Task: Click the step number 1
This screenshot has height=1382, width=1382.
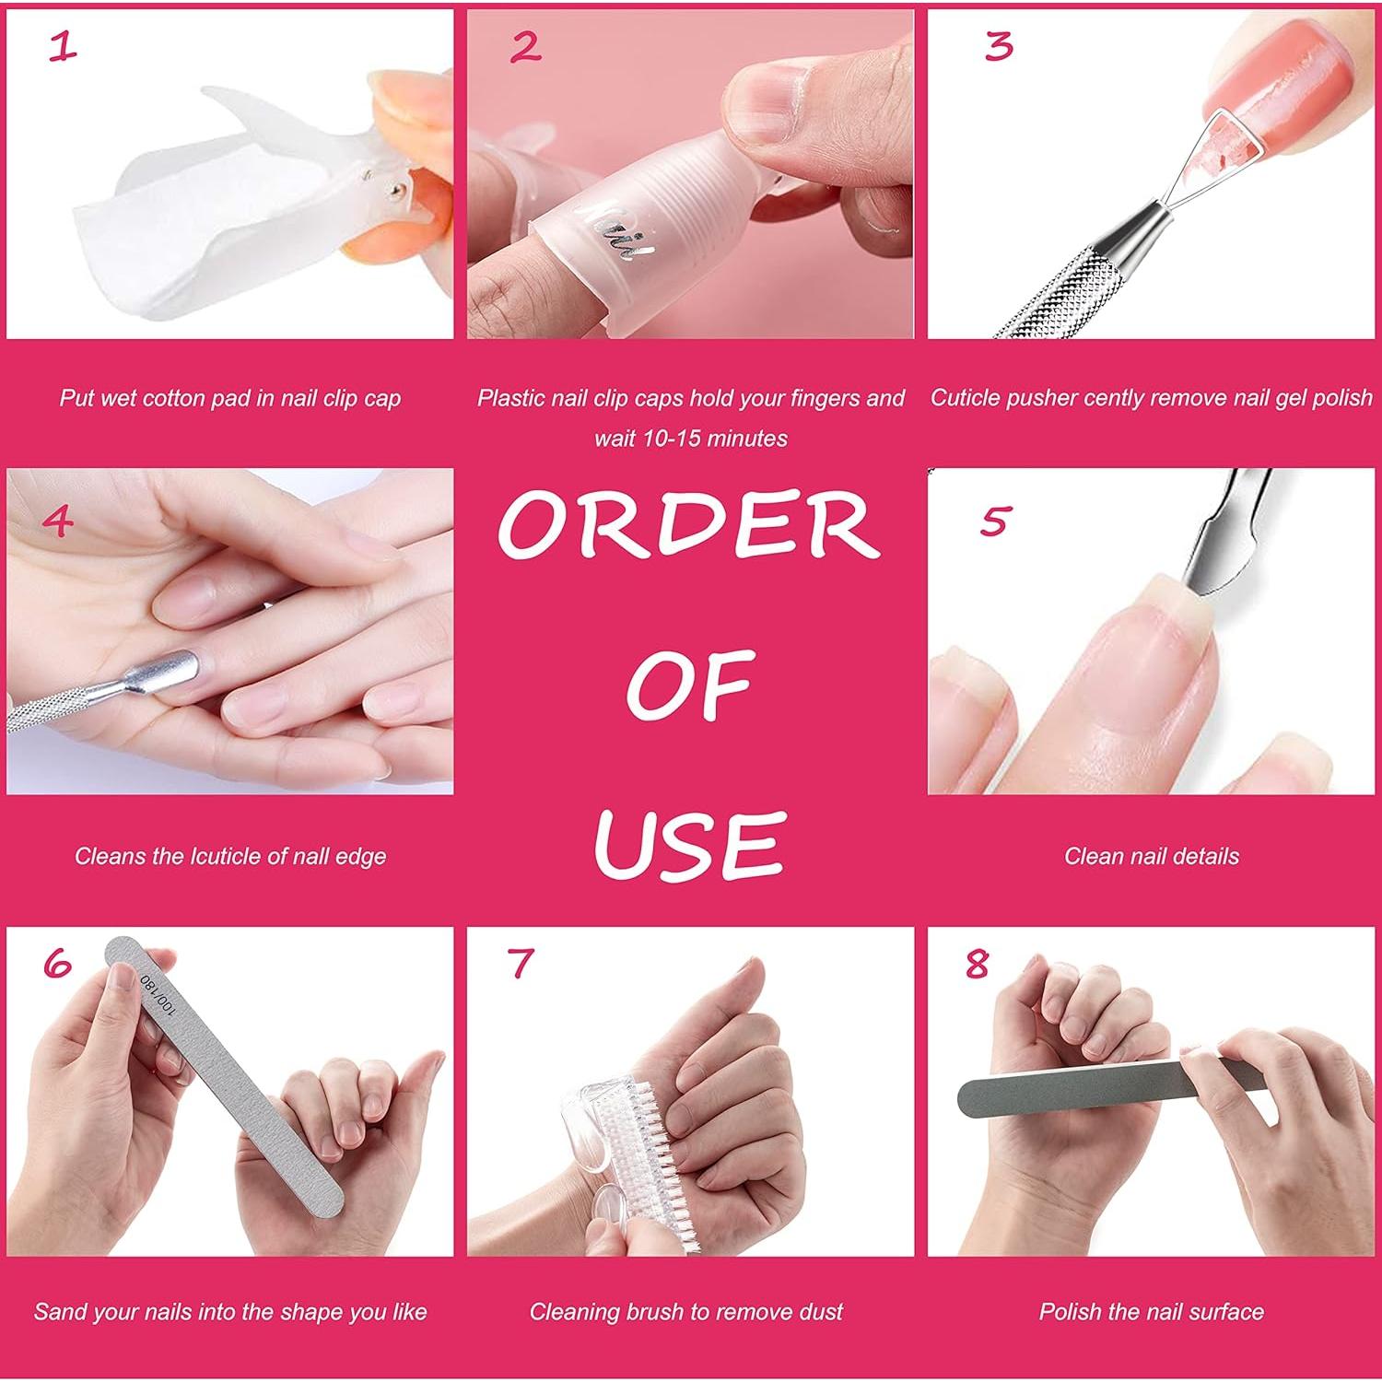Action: (62, 46)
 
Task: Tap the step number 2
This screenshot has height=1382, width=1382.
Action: (525, 46)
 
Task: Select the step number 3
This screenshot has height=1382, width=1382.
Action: (999, 46)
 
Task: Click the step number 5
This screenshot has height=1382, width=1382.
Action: (994, 521)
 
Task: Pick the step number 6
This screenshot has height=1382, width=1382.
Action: (57, 964)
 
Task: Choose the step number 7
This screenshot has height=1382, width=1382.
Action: (521, 964)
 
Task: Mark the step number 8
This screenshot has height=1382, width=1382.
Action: (978, 964)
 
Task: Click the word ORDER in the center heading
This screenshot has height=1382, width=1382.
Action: (689, 525)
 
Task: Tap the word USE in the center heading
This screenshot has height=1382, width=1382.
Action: (689, 843)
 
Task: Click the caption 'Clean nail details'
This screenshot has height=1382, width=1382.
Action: (1151, 856)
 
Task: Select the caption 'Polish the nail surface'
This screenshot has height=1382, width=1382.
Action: (1151, 1311)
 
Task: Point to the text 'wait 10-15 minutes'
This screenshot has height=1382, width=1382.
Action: (690, 439)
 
